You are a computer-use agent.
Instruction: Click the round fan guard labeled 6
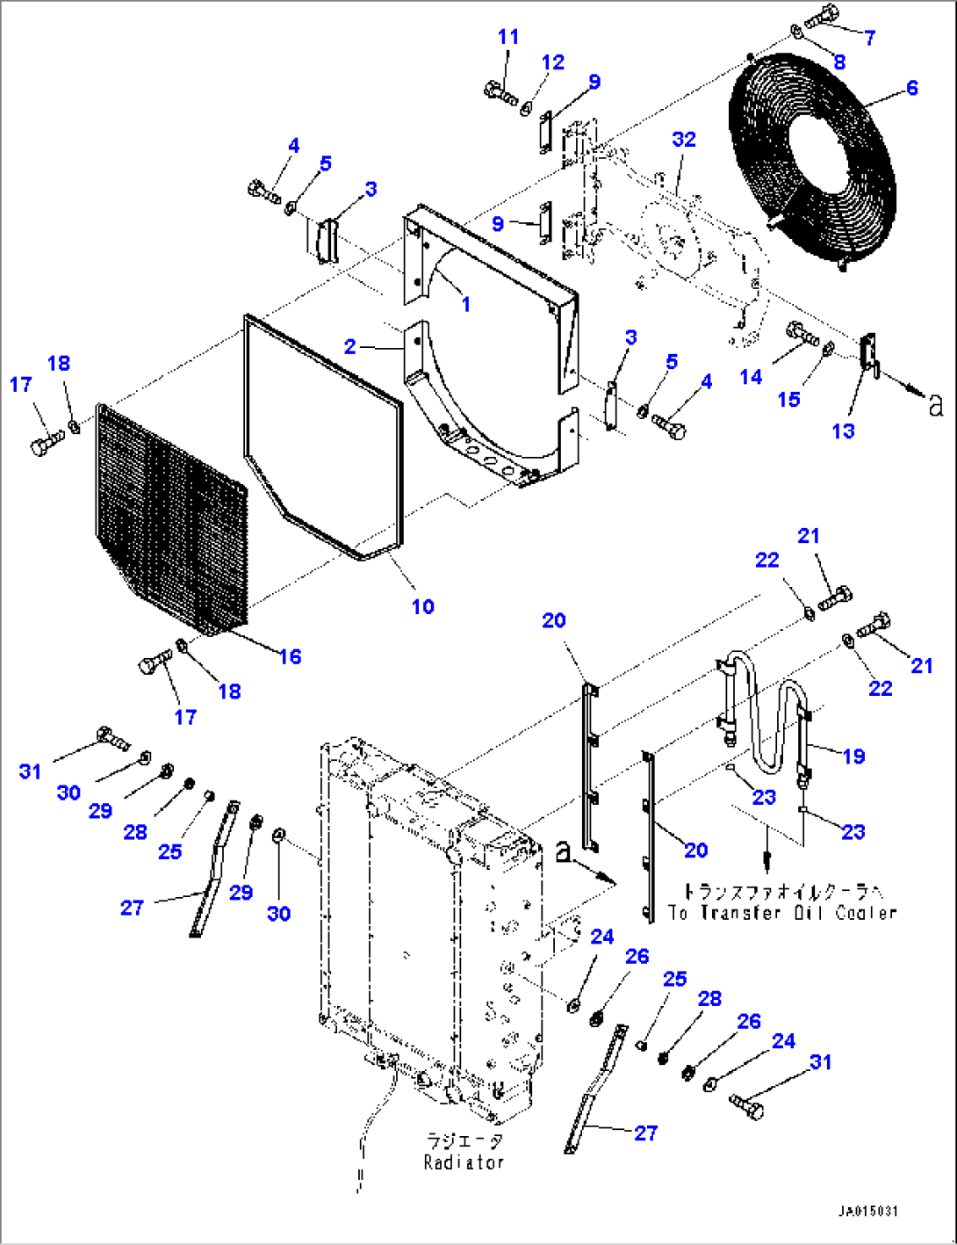(812, 158)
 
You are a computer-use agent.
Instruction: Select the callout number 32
(684, 140)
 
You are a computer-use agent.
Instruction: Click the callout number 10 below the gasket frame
(422, 606)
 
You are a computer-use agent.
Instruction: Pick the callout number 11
(508, 37)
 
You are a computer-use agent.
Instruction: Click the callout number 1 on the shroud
(465, 304)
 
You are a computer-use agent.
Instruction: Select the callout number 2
(350, 346)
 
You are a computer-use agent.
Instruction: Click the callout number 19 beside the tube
(853, 756)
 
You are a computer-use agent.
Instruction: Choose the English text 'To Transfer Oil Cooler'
(782, 913)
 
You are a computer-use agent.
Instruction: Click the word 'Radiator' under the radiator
(464, 1162)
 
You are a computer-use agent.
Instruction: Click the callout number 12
(552, 62)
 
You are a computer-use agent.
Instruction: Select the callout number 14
(751, 377)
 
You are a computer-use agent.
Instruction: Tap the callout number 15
(788, 399)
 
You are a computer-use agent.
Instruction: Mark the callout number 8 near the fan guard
(839, 62)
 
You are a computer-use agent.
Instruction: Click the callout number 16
(290, 656)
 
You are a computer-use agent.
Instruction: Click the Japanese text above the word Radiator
(464, 1141)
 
